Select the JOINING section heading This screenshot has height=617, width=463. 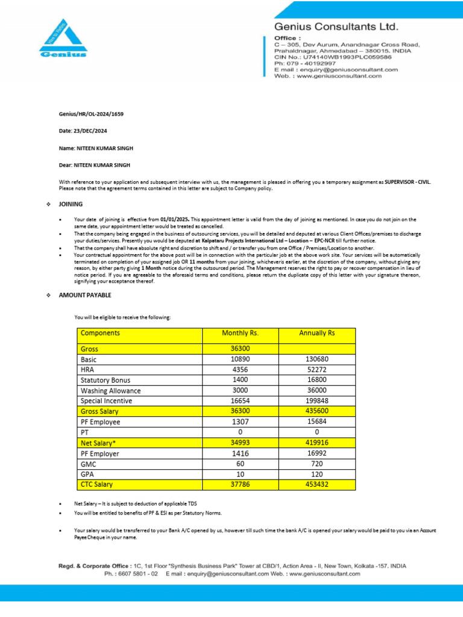click(71, 204)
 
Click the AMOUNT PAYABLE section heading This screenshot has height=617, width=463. click(84, 295)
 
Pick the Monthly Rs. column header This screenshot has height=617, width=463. click(241, 333)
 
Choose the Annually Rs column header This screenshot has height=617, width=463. click(317, 333)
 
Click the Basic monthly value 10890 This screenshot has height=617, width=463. click(241, 359)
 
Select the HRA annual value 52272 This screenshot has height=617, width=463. click(317, 369)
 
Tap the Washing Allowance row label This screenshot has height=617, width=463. click(110, 390)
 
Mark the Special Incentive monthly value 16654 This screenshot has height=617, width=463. click(241, 401)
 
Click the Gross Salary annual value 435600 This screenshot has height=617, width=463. click(317, 411)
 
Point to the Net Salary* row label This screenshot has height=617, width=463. click(99, 442)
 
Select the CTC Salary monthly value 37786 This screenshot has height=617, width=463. click(241, 484)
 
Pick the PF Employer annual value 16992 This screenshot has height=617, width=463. click(317, 453)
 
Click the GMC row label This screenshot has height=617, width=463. click(89, 463)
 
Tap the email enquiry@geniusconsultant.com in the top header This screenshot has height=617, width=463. click(348, 70)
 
